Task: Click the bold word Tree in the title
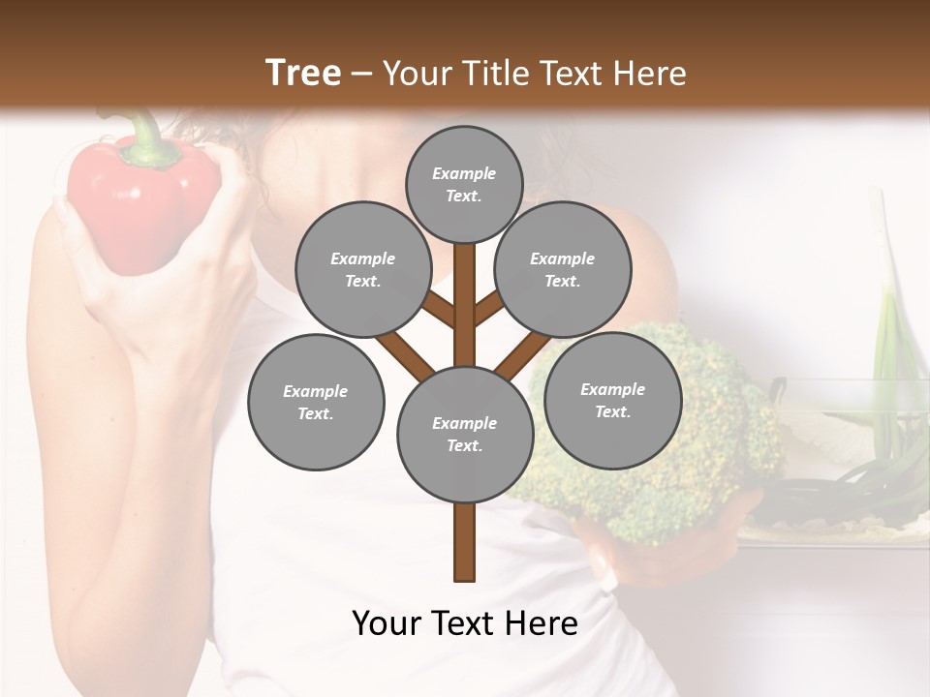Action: pyautogui.click(x=303, y=73)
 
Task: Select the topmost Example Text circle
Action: pyautogui.click(x=464, y=183)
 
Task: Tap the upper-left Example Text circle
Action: pyautogui.click(x=362, y=270)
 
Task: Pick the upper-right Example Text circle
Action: pyautogui.click(x=562, y=270)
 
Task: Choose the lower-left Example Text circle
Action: pyautogui.click(x=316, y=402)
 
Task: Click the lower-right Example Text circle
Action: pyautogui.click(x=612, y=400)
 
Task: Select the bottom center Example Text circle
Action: pyautogui.click(x=465, y=434)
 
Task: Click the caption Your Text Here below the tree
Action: pyautogui.click(x=465, y=623)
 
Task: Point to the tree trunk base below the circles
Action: pyautogui.click(x=465, y=547)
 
